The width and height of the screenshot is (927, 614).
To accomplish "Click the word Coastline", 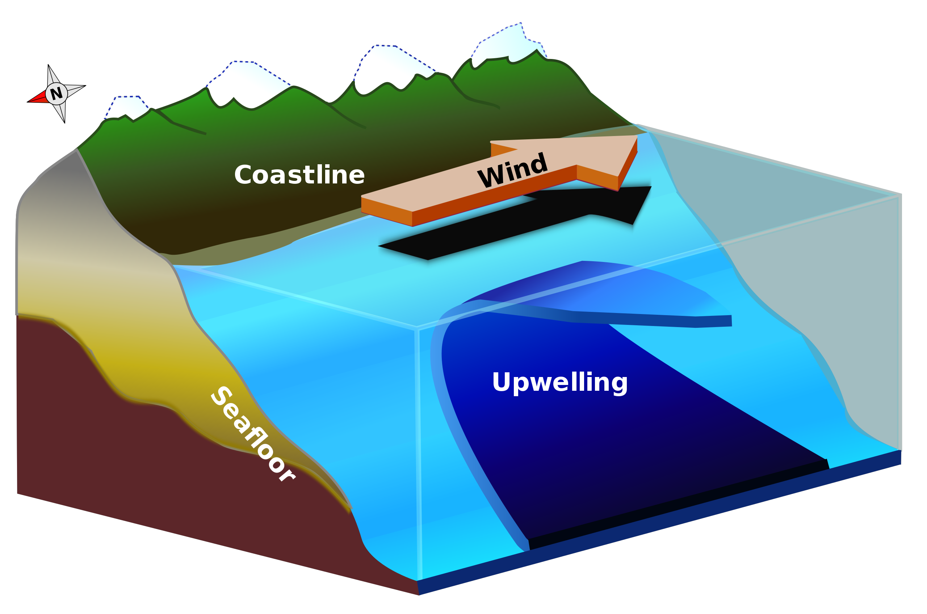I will (299, 175).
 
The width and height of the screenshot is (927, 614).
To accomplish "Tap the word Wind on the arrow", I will (512, 170).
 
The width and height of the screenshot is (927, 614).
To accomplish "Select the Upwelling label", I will (560, 382).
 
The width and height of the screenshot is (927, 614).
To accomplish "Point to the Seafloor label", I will (253, 433).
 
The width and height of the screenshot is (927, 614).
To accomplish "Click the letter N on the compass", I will (56, 94).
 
